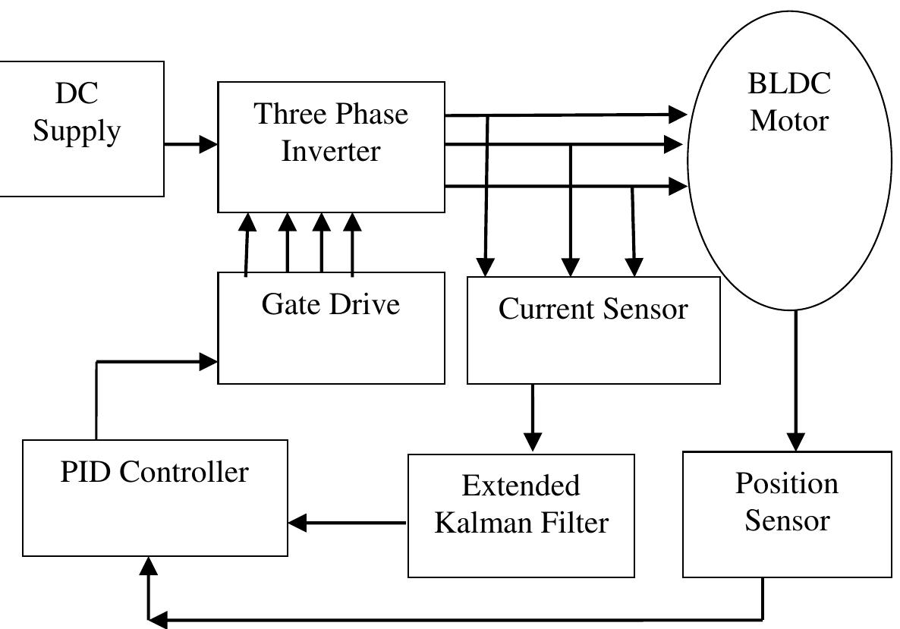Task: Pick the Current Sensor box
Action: click(593, 330)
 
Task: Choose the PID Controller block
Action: click(155, 498)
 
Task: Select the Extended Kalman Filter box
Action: click(521, 516)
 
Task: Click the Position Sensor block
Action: click(787, 514)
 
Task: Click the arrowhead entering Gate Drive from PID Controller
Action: click(209, 361)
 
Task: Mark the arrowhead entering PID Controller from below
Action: click(149, 566)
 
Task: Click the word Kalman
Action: click(478, 523)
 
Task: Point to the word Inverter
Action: click(331, 150)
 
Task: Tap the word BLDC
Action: click(789, 83)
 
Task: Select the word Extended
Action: click(521, 485)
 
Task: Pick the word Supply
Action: click(77, 131)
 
